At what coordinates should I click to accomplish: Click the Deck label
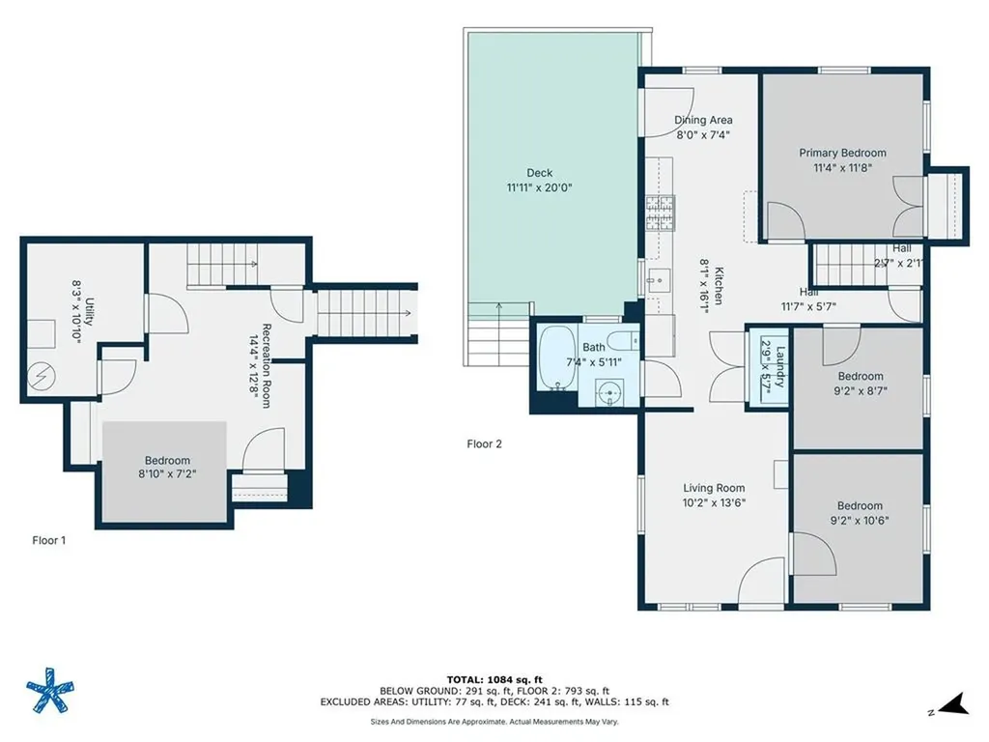(x=540, y=173)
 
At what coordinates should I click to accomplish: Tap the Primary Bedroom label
(x=842, y=153)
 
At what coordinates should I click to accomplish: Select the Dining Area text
(x=703, y=121)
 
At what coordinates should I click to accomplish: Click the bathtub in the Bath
(x=556, y=358)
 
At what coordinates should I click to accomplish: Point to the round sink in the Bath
(x=608, y=394)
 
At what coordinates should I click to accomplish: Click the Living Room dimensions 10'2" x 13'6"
(x=714, y=502)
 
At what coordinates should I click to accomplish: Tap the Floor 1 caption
(x=49, y=541)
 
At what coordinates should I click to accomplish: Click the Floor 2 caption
(x=484, y=444)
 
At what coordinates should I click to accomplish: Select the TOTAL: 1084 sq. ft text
(x=494, y=678)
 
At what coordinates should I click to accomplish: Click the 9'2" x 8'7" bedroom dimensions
(x=861, y=390)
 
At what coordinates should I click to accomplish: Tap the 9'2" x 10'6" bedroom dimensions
(x=860, y=520)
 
